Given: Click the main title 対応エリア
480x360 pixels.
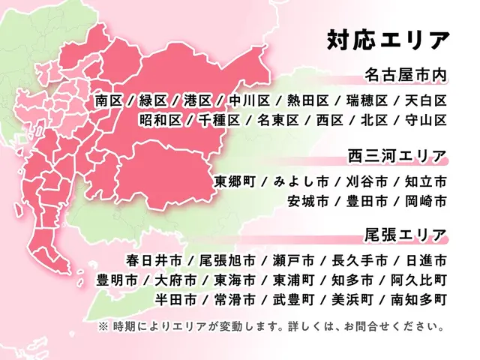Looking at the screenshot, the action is [x=388, y=39].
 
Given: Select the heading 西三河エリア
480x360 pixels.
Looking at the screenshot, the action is [x=397, y=157].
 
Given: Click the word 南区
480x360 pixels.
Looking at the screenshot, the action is [x=109, y=100].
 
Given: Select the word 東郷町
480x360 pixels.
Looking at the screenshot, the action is [x=234, y=181].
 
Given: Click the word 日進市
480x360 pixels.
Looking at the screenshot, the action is [x=426, y=261].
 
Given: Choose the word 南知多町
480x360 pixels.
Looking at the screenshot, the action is [x=419, y=300].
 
